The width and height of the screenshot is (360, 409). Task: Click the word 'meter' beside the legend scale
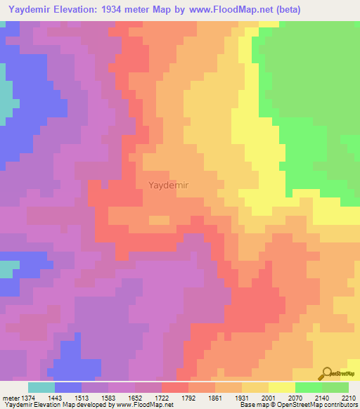pyautogui.click(x=11, y=397)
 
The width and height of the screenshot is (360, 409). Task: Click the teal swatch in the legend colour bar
pyautogui.click(x=41, y=387)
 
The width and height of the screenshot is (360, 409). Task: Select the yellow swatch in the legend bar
pyautogui.click(x=281, y=387)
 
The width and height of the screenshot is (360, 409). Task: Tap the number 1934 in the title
pyautogui.click(x=132, y=9)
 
